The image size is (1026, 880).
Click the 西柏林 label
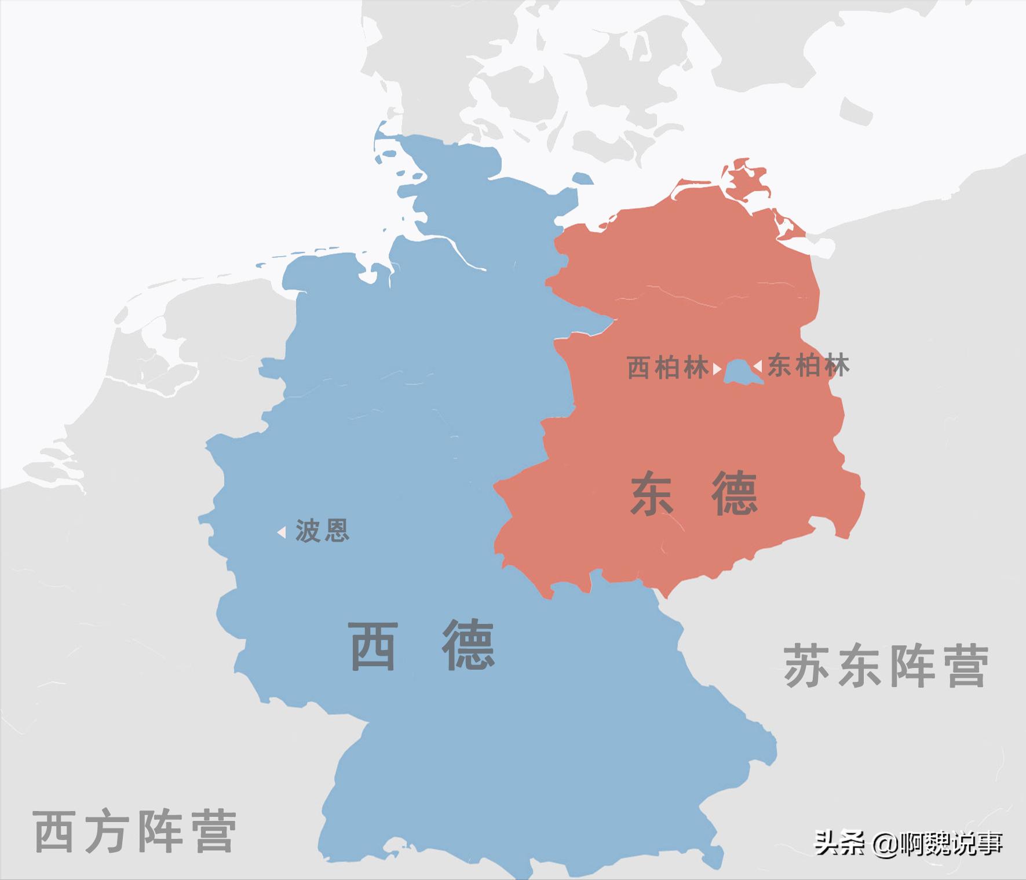(668, 368)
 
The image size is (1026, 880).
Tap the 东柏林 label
(809, 366)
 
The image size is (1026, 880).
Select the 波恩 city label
(322, 531)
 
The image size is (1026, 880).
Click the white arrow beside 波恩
(282, 532)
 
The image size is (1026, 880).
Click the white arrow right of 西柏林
(717, 368)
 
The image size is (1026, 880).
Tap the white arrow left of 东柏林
(757, 366)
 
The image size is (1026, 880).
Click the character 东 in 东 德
(652, 494)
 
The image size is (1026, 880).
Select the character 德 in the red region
(735, 494)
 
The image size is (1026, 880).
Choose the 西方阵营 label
(136, 831)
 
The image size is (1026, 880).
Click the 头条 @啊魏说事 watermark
(908, 844)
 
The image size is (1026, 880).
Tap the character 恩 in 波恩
(336, 531)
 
